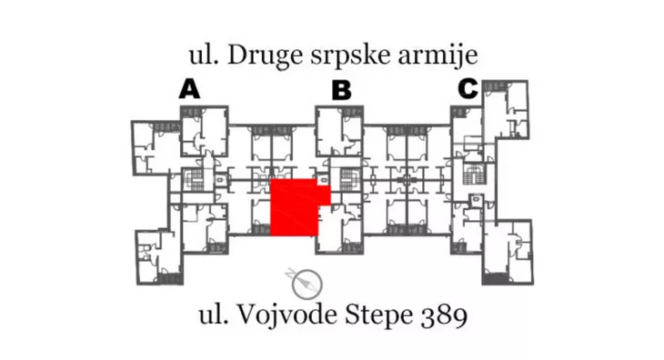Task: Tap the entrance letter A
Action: pos(189,88)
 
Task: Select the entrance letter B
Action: pos(341,90)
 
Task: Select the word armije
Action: pos(443,56)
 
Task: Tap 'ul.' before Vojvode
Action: pos(214,316)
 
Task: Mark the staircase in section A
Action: pos(193,179)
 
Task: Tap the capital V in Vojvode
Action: pos(250,316)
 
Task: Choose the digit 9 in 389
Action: pos(459,316)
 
